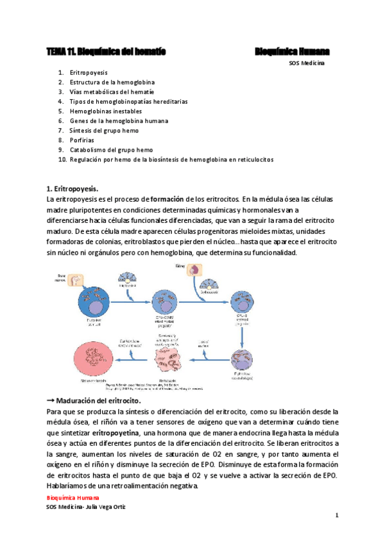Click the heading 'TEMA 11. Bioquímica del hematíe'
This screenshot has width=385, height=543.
(x=107, y=51)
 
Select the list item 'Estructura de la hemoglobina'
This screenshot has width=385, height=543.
(x=112, y=82)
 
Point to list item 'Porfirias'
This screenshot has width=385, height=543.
(x=82, y=140)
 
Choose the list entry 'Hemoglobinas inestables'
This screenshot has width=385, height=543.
(x=106, y=111)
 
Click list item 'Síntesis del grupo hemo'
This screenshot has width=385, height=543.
(x=104, y=130)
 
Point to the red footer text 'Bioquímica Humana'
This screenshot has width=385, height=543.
(x=73, y=498)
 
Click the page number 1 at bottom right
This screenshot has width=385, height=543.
(x=336, y=515)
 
